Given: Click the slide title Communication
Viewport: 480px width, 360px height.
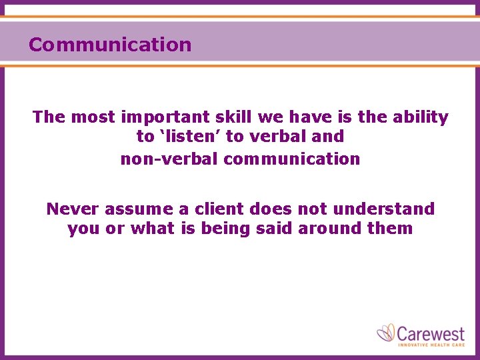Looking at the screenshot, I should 110,45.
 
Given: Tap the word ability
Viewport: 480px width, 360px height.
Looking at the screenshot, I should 421,117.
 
